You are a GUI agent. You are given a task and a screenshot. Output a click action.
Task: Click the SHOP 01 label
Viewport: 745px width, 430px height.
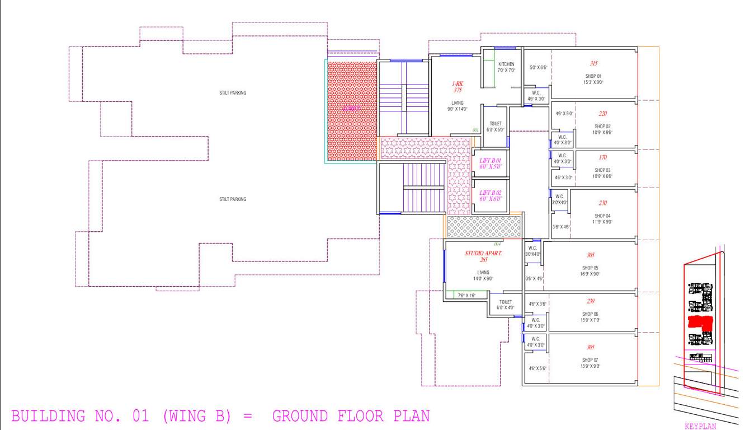pyautogui.click(x=593, y=76)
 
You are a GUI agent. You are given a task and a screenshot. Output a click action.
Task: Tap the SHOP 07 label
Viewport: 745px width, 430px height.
pyautogui.click(x=591, y=360)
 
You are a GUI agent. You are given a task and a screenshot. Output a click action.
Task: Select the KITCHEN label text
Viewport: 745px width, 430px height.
pyautogui.click(x=506, y=64)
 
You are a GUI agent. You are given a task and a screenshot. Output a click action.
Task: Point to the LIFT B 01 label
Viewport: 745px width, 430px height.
pyautogui.click(x=491, y=161)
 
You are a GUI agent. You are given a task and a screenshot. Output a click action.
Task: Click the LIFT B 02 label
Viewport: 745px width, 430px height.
pyautogui.click(x=491, y=193)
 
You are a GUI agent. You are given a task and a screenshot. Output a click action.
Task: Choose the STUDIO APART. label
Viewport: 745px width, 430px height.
pyautogui.click(x=484, y=254)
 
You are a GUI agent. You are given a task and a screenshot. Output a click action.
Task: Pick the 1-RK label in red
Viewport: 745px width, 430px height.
pyautogui.click(x=458, y=83)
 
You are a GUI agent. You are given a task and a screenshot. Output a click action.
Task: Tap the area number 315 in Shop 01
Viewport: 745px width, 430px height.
pyautogui.click(x=593, y=63)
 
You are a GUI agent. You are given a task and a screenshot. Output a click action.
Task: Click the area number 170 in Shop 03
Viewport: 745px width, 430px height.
pyautogui.click(x=602, y=157)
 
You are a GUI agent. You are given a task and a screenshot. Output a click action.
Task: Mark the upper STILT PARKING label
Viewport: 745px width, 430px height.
pyautogui.click(x=233, y=93)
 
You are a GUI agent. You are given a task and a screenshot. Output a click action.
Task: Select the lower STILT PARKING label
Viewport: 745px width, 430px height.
pyautogui.click(x=233, y=199)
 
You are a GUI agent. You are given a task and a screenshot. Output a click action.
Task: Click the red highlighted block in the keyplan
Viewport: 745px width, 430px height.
pyautogui.click(x=700, y=322)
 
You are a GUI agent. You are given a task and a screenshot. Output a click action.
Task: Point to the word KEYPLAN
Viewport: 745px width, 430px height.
pyautogui.click(x=700, y=426)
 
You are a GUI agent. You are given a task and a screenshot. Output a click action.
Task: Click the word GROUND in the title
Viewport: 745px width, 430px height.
pyautogui.click(x=301, y=416)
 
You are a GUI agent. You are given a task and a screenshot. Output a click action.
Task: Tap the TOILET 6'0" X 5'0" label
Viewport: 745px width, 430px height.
pyautogui.click(x=496, y=127)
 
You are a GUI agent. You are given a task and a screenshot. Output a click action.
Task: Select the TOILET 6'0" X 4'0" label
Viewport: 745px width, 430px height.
pyautogui.click(x=506, y=305)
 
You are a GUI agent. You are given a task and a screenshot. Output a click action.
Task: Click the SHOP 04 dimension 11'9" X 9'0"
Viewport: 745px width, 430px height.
pyautogui.click(x=602, y=222)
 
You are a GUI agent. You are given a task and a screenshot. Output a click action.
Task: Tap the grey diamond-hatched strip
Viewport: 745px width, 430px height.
pyautogui.click(x=484, y=227)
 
